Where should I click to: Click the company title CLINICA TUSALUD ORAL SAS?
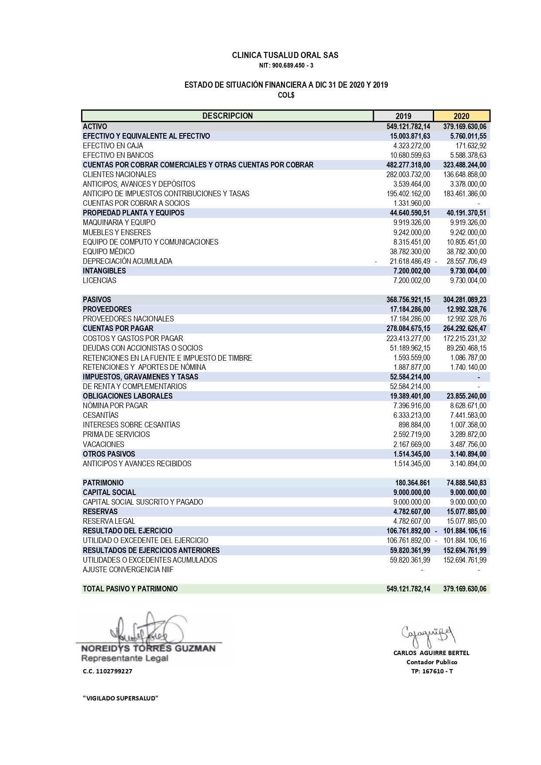click(285, 55)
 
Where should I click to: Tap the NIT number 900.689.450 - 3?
click(286, 66)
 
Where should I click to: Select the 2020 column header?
click(461, 116)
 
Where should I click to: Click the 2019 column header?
click(403, 116)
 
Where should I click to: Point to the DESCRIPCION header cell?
click(227, 116)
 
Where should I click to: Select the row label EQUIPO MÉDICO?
click(109, 252)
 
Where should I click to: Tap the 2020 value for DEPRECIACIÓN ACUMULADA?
click(465, 261)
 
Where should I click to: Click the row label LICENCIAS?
click(99, 280)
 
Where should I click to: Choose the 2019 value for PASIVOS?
click(408, 300)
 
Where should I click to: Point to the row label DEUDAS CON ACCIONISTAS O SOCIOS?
click(143, 348)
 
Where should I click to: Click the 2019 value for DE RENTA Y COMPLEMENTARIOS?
click(410, 386)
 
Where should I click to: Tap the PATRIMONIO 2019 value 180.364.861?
click(412, 483)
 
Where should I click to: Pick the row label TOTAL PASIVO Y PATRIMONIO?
click(130, 589)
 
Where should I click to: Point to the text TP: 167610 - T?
click(431, 671)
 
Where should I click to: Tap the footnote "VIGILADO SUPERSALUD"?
click(120, 698)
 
